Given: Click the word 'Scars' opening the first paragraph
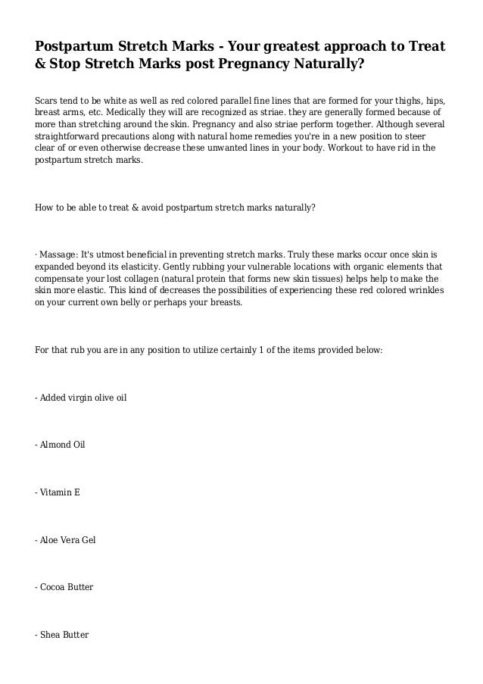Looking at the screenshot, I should click(x=47, y=101).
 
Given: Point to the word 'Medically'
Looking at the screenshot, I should click(x=113, y=113).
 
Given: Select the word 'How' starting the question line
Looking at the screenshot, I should click(x=44, y=206).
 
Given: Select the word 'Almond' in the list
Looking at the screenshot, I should click(x=55, y=445).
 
